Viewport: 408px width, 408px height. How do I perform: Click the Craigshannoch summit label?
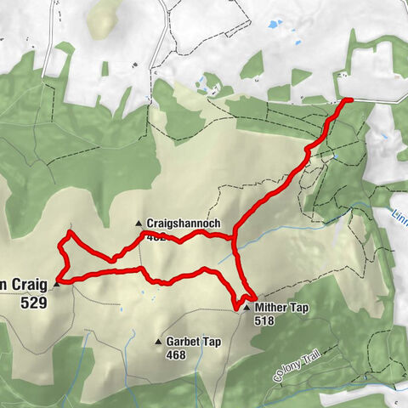click(x=184, y=224)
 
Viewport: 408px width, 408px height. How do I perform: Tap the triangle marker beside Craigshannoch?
click(x=140, y=224)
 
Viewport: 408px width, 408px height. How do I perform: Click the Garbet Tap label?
click(x=194, y=342)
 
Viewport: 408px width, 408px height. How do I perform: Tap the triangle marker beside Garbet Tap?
click(x=158, y=343)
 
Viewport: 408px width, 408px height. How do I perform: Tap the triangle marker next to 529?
click(x=57, y=284)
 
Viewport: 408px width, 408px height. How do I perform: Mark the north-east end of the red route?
click(x=350, y=100)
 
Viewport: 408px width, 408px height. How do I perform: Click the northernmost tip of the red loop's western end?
click(x=70, y=232)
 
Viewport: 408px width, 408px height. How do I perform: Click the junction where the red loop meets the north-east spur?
click(x=233, y=240)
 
